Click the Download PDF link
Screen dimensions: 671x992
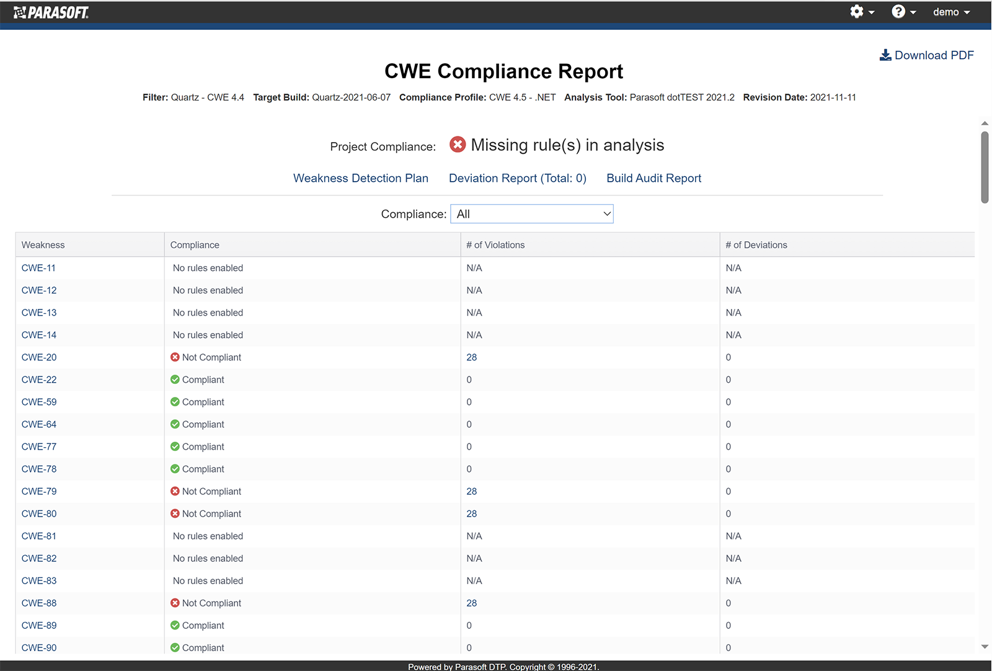(x=927, y=55)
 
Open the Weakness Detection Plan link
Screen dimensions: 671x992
(x=360, y=178)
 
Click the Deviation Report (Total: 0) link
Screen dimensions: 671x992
(x=517, y=178)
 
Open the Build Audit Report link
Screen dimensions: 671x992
(x=653, y=178)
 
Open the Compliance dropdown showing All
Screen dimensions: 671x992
(x=531, y=214)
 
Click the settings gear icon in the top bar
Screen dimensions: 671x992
(x=857, y=12)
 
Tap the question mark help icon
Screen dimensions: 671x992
(x=898, y=12)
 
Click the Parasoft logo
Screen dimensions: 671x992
(x=51, y=12)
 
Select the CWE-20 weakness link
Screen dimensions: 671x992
(x=39, y=357)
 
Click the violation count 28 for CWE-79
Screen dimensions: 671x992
(x=472, y=491)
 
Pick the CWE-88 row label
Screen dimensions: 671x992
(x=39, y=603)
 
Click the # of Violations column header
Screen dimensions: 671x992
(x=495, y=245)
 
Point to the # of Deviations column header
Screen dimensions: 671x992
(x=756, y=245)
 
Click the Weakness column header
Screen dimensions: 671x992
(x=43, y=245)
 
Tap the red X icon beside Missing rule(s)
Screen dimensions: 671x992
(x=458, y=144)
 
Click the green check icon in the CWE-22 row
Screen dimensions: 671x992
(x=175, y=380)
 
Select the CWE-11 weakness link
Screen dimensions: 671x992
(x=38, y=268)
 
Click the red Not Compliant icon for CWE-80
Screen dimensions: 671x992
(x=175, y=513)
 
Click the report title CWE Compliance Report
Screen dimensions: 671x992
(x=503, y=71)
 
